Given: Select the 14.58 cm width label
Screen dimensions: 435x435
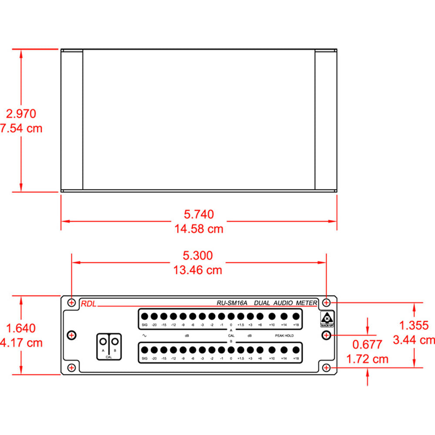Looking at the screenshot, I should tap(199, 229).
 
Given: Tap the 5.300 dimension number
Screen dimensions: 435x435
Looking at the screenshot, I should tap(199, 255).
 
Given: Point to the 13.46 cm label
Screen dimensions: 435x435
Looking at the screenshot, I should tap(199, 270).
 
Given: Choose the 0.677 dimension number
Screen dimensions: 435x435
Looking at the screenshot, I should tap(367, 345).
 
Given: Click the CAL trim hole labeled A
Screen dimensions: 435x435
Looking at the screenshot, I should tap(104, 340).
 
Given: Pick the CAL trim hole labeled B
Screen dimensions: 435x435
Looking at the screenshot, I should tap(114, 340).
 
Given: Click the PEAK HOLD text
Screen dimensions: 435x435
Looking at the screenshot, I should tap(284, 336).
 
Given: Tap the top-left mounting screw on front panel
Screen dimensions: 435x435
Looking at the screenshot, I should tap(72, 302).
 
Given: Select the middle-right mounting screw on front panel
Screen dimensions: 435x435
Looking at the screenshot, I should tap(327, 335).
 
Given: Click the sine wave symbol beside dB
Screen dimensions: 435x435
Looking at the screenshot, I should tap(144, 335).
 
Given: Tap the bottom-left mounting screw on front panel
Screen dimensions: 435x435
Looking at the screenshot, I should tap(72, 368).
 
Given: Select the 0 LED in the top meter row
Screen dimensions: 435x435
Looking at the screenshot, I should tap(231, 316).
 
